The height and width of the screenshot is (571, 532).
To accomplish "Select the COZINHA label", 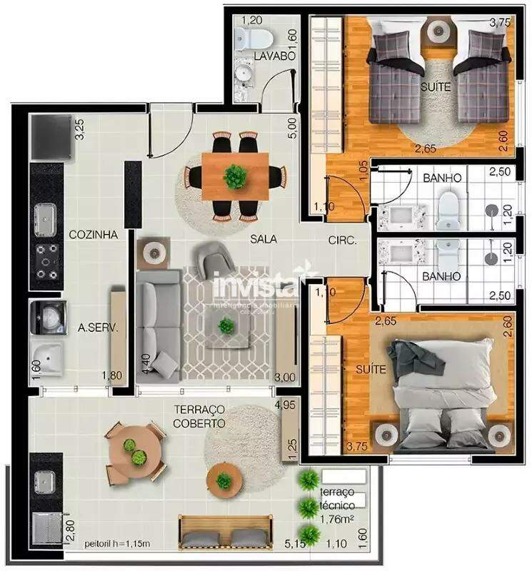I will point(93,234).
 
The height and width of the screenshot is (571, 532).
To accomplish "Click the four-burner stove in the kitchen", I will point(47,261).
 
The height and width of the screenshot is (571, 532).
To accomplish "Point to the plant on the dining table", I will point(234,175).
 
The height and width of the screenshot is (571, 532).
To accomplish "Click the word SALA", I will point(263,239).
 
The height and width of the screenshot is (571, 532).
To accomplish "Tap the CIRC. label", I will point(342,241).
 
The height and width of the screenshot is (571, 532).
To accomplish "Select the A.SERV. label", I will point(97,328).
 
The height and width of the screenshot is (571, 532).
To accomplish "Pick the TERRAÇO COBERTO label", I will point(199,415).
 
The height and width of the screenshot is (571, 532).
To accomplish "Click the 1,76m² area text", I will point(338,519).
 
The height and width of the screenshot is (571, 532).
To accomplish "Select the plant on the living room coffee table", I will point(226,326).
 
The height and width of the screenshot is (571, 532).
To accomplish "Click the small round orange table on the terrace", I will point(224,480).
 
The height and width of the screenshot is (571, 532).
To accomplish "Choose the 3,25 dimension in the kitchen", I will point(80,131).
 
